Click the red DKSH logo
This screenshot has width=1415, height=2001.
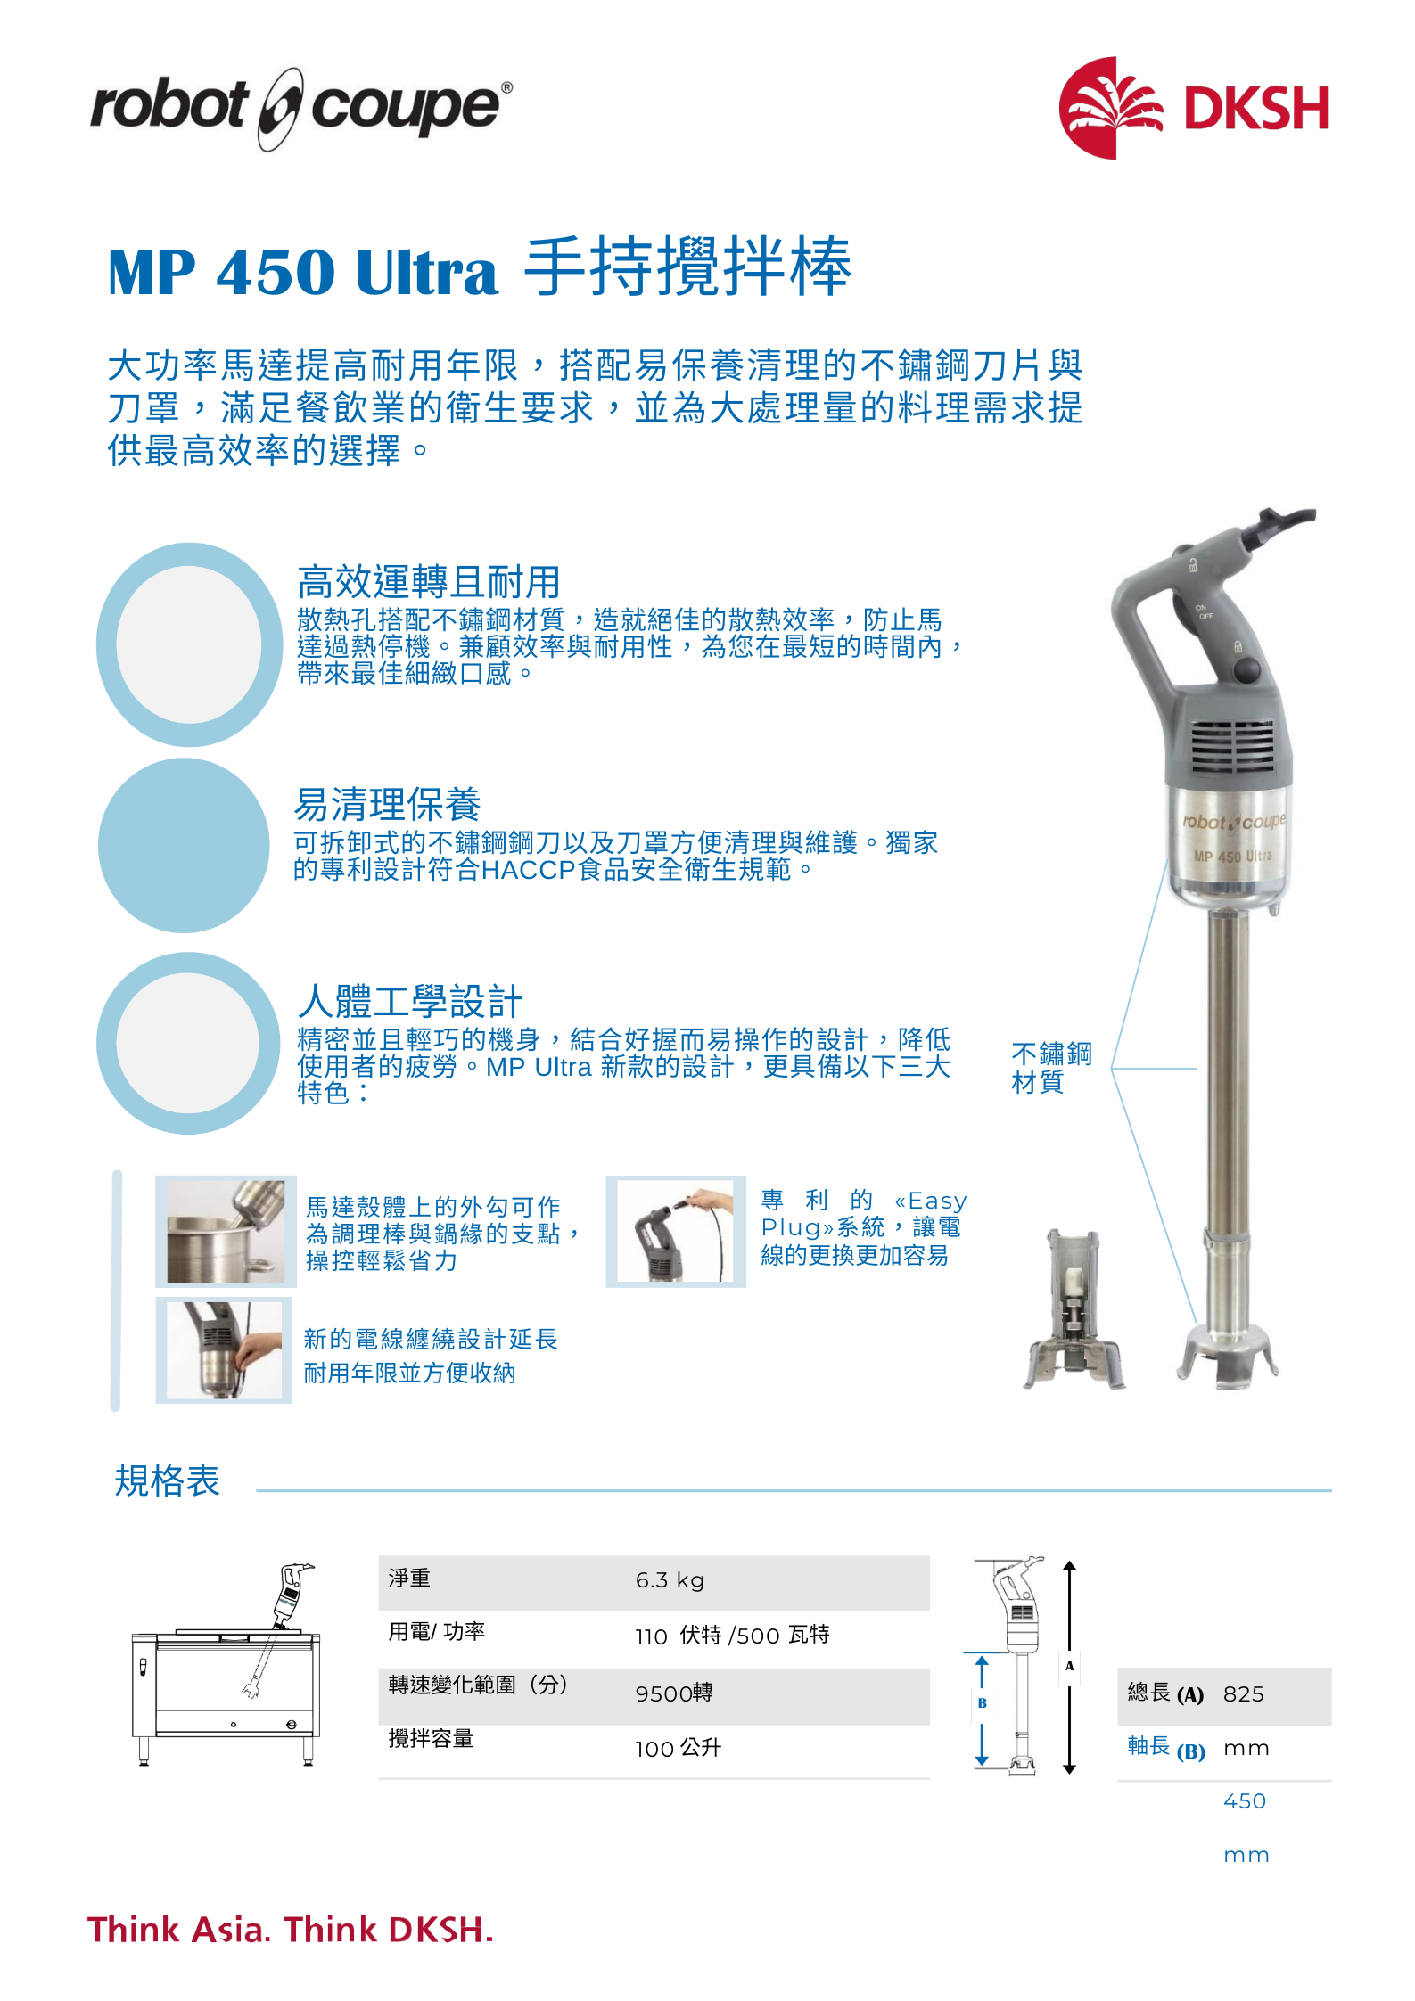(1194, 108)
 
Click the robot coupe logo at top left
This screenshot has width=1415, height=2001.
(301, 108)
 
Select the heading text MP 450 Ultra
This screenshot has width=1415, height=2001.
(302, 272)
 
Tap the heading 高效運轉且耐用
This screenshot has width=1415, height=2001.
(428, 582)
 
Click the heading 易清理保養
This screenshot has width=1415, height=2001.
(388, 804)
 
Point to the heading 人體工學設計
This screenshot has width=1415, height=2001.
(409, 1001)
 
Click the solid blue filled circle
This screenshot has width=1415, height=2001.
(184, 845)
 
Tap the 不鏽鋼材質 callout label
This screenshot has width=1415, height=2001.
(1051, 1068)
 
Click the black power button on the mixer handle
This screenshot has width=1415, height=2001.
(1247, 668)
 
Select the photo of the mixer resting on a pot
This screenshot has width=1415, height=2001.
(226, 1231)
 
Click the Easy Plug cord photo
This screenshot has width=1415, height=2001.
(676, 1231)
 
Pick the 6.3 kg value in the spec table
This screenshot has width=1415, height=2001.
(670, 1580)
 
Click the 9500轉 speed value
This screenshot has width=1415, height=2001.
(674, 1693)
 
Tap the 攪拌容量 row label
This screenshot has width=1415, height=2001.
(431, 1738)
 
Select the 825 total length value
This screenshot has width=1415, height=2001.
(1243, 1693)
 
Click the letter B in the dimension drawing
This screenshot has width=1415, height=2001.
(982, 1702)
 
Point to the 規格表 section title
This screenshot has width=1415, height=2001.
(167, 1481)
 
